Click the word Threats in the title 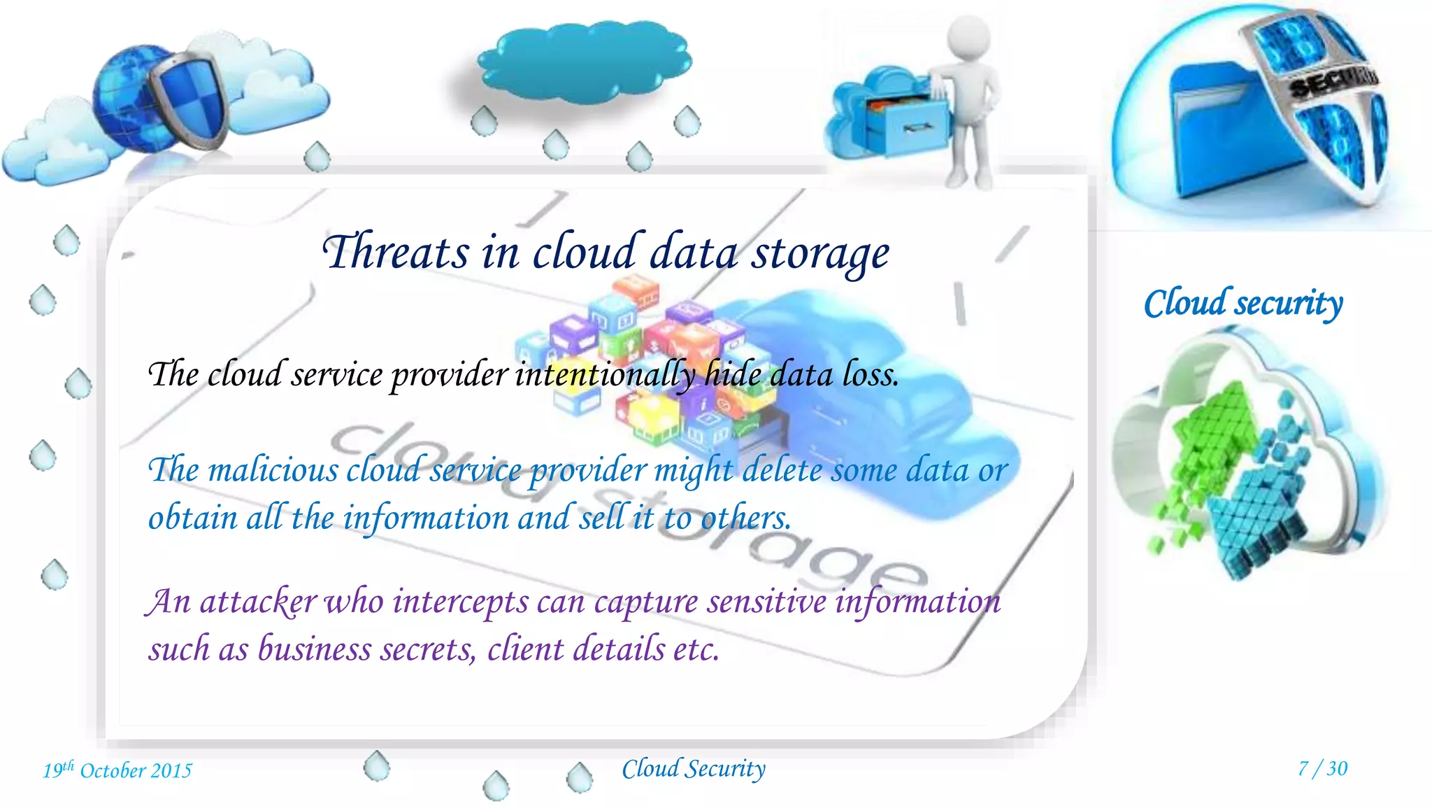395,252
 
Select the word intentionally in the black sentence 606,375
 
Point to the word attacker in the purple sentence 258,602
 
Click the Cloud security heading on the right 1243,304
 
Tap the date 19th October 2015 117,770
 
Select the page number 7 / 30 1322,768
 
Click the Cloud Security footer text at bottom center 694,769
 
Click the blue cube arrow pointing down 1259,518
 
